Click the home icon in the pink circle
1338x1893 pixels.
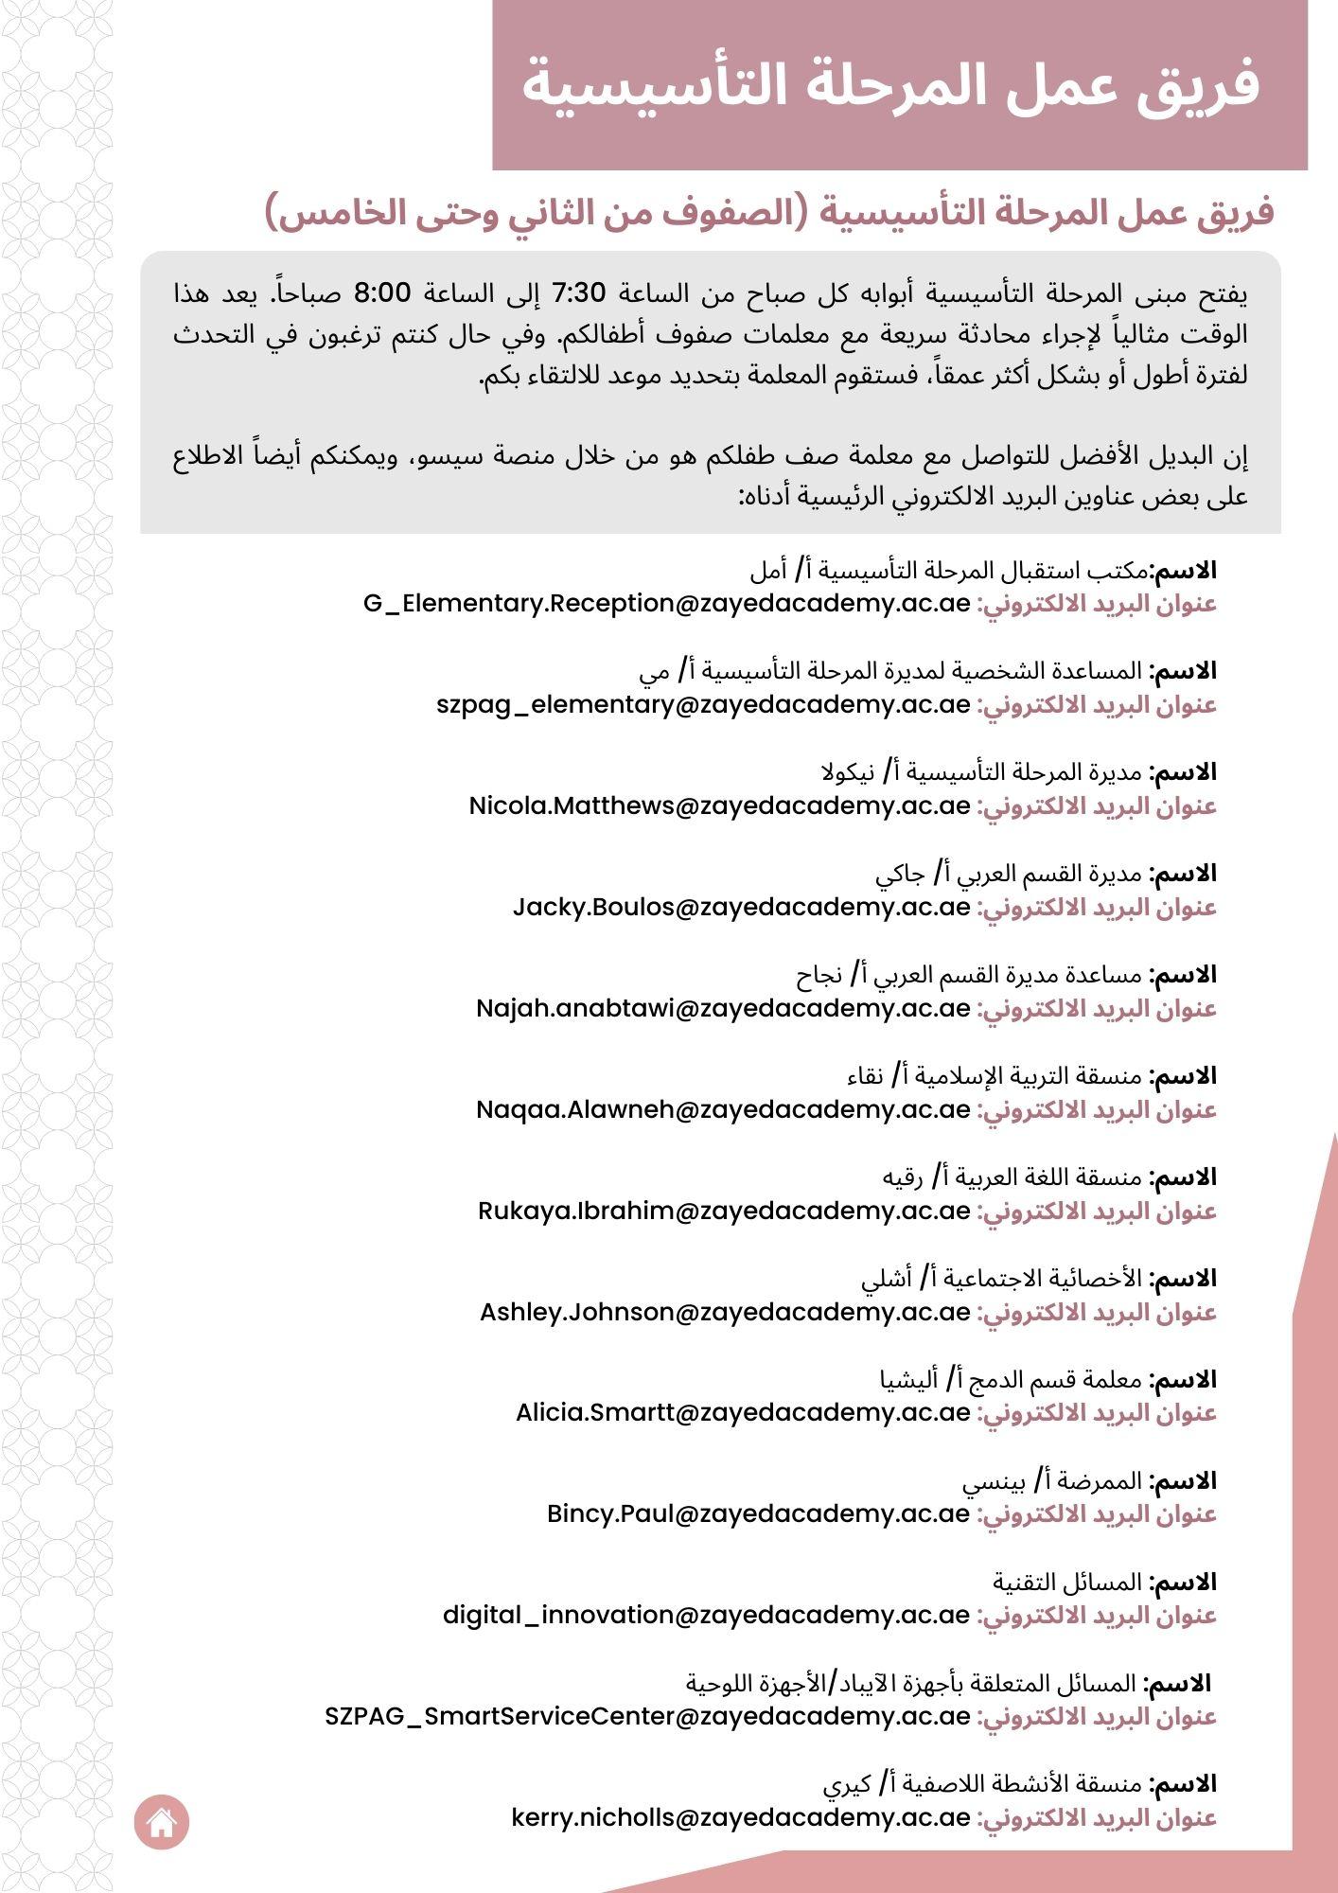click(x=162, y=1822)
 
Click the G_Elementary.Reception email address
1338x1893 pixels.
click(x=666, y=604)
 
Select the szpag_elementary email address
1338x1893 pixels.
click(x=703, y=705)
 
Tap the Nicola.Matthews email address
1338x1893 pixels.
click(x=719, y=806)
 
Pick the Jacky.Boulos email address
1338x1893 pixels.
click(x=741, y=908)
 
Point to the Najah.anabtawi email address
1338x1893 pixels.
click(x=723, y=1009)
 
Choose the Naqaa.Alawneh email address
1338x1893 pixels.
click(x=723, y=1110)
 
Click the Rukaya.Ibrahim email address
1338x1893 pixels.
click(x=724, y=1212)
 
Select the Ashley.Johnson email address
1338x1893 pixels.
click(x=725, y=1313)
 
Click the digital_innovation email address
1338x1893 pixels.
click(x=706, y=1616)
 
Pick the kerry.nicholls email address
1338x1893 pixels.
click(x=740, y=1818)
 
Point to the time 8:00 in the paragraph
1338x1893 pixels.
click(x=382, y=293)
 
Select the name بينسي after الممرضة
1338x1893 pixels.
click(x=992, y=1481)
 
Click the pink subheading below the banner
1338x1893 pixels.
click(x=770, y=214)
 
